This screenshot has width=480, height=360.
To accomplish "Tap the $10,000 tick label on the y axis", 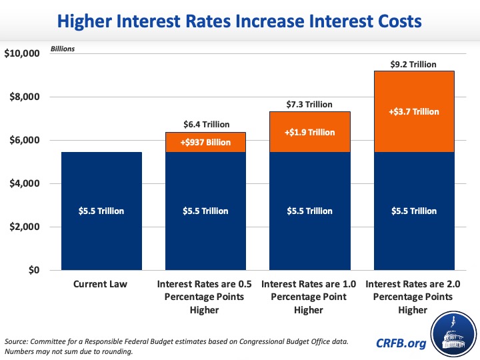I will click(x=22, y=54).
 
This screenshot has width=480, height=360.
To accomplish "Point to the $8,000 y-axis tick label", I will click(x=25, y=97).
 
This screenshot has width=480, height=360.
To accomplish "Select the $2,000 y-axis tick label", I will click(x=25, y=227).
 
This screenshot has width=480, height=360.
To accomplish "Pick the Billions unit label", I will click(x=63, y=49).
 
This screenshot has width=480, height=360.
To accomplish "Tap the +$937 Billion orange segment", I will click(x=207, y=142).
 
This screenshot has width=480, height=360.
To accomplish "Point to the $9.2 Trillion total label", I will click(x=413, y=65).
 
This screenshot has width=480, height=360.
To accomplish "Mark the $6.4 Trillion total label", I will click(x=207, y=125).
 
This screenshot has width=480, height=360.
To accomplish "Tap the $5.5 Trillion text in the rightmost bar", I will click(x=414, y=211).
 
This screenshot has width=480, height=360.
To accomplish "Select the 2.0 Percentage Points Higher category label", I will click(x=414, y=297).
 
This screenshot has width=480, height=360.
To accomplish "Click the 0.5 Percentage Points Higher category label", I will click(x=207, y=297).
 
